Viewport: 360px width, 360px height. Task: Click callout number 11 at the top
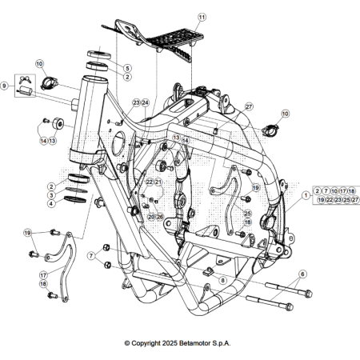(202, 17)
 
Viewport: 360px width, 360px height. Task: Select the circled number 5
(127, 68)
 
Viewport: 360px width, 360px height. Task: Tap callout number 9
(5, 86)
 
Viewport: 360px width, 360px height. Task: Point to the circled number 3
(50, 194)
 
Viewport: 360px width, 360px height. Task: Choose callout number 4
(50, 203)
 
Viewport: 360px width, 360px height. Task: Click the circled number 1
(305, 194)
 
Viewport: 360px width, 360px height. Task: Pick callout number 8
(222, 280)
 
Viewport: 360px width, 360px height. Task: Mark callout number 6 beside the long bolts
(302, 274)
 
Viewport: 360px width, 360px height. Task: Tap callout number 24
(145, 103)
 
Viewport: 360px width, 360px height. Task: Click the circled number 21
(158, 182)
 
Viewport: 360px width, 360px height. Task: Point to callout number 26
(159, 216)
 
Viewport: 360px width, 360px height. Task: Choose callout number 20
(151, 216)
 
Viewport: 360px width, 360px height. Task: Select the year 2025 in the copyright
(166, 343)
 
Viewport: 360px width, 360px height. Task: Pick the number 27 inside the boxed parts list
(356, 199)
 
